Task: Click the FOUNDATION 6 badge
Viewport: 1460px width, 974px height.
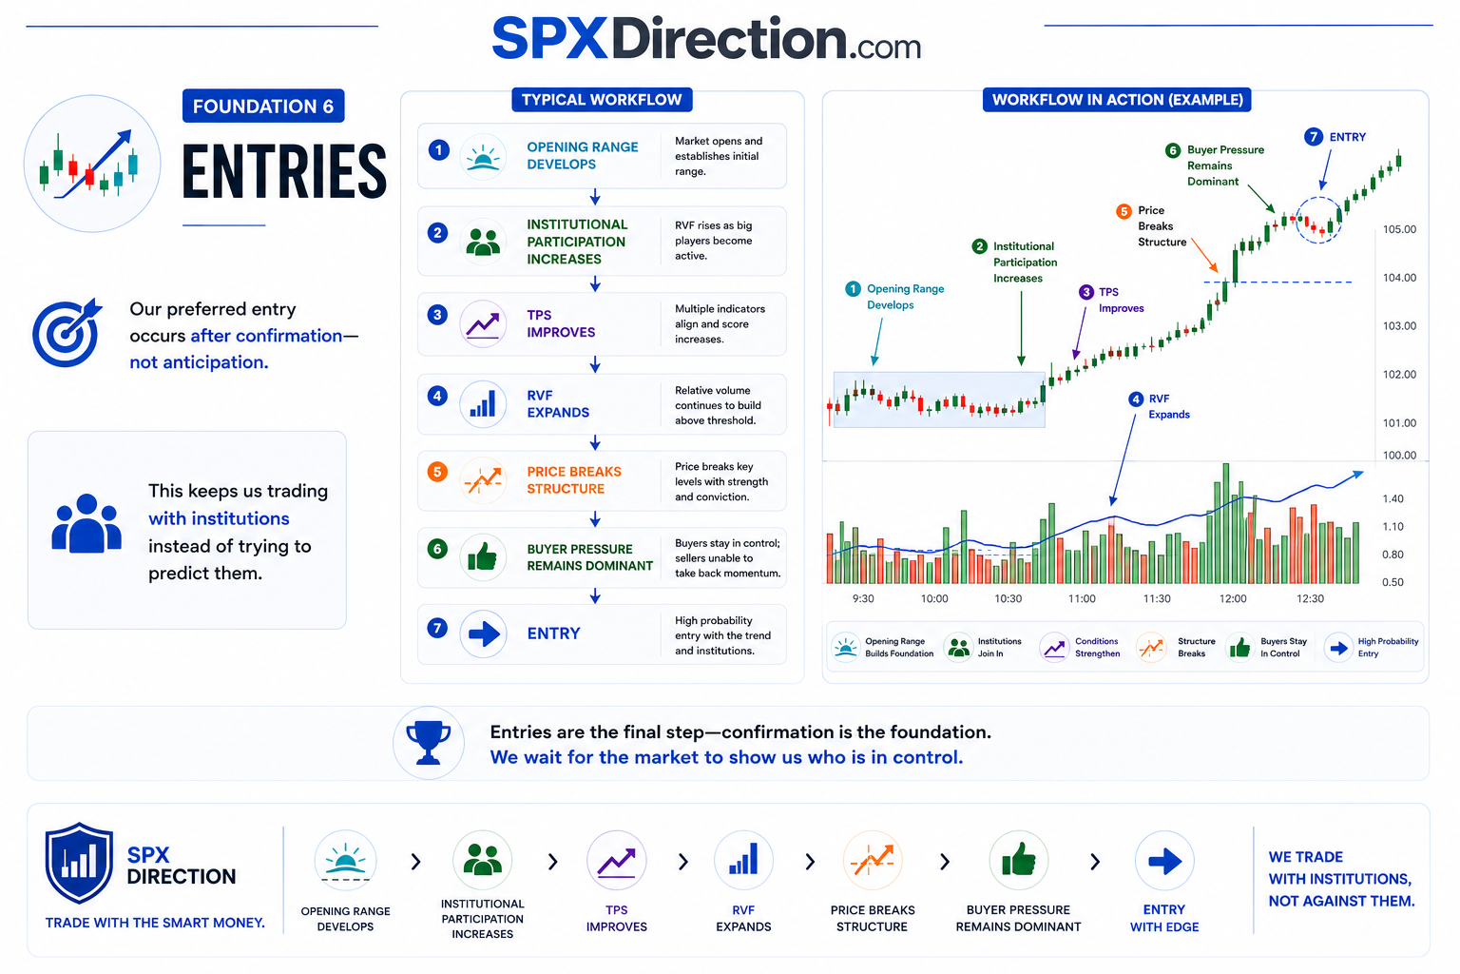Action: pyautogui.click(x=263, y=106)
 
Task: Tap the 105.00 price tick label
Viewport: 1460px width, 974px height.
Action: pyautogui.click(x=1399, y=229)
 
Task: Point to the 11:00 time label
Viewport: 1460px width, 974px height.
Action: pyautogui.click(x=1082, y=598)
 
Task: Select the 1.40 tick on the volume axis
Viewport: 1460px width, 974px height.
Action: pyautogui.click(x=1393, y=499)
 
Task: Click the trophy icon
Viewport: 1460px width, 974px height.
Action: pyautogui.click(x=429, y=743)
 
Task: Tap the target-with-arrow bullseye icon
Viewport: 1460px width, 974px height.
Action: pyautogui.click(x=67, y=332)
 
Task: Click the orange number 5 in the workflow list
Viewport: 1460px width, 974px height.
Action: pyautogui.click(x=437, y=472)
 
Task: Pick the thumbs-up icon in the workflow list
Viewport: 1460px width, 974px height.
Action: pyautogui.click(x=483, y=557)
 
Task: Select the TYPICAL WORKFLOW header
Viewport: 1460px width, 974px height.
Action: pyautogui.click(x=602, y=100)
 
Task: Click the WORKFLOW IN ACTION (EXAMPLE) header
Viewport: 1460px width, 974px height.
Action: pyautogui.click(x=1117, y=100)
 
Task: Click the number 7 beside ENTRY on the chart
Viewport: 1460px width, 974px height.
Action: pyautogui.click(x=1313, y=137)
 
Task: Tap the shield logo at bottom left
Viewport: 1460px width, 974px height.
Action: pyautogui.click(x=79, y=863)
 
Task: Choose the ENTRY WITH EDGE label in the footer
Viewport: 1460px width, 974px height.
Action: pyautogui.click(x=1164, y=918)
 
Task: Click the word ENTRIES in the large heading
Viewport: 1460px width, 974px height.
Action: pyautogui.click(x=284, y=171)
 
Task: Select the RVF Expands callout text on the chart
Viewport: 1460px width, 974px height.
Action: pyautogui.click(x=1168, y=406)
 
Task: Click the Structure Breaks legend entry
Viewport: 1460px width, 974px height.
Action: pyautogui.click(x=1177, y=647)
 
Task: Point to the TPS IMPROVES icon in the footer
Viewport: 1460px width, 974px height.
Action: pyautogui.click(x=617, y=861)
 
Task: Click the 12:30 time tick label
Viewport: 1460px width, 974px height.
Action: pyautogui.click(x=1310, y=598)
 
